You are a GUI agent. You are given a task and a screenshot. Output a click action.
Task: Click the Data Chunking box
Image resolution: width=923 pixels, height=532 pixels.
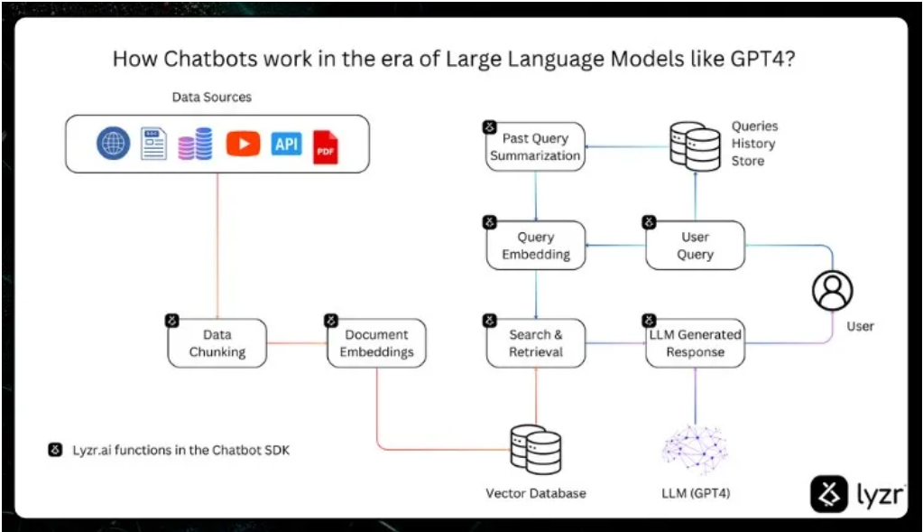pos(217,343)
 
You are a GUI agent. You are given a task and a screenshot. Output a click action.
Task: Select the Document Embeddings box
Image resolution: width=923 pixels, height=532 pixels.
pos(376,343)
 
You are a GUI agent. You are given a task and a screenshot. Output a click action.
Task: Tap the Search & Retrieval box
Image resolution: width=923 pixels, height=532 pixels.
pos(536,343)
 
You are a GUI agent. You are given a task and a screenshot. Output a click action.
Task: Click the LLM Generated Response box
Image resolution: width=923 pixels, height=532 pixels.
pos(695,343)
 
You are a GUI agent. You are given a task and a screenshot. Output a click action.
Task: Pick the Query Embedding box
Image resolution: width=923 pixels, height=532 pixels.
pos(536,246)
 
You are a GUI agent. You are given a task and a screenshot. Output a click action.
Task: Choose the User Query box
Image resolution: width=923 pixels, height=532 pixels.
pos(695,246)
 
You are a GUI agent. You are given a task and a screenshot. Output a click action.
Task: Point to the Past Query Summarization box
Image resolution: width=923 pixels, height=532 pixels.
pos(536,147)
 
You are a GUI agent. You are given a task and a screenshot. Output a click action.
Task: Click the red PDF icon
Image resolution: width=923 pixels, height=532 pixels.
pos(325,146)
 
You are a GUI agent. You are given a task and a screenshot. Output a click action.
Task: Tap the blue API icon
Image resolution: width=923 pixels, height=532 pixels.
pos(286,145)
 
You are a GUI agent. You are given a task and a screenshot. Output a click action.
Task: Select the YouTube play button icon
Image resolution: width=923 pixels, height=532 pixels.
pos(243,145)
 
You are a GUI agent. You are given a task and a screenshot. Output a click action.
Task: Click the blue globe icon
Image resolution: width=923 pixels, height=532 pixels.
pos(114,144)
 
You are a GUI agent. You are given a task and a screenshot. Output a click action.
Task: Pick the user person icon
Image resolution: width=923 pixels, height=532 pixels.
pos(832,291)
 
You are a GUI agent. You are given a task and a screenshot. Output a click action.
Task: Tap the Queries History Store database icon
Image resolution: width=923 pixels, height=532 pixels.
pos(696,145)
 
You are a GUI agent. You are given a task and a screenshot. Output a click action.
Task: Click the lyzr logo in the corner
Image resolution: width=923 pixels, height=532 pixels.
pos(857,494)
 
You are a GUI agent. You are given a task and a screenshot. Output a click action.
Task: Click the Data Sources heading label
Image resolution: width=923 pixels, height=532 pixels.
pos(212,97)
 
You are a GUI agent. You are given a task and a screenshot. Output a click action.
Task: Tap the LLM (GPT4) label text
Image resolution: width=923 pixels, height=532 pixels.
pos(695,493)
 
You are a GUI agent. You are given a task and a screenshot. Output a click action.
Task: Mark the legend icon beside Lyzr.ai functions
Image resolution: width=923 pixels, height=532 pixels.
pos(55,450)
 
